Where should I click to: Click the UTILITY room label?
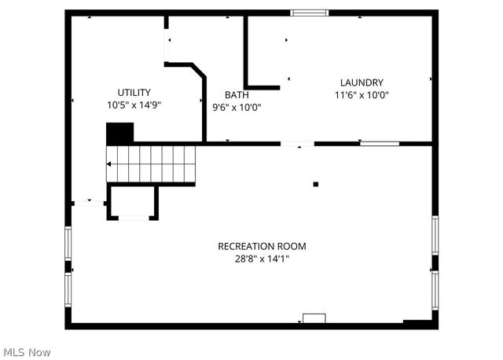[x=134, y=92]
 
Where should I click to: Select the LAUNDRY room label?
[x=362, y=83]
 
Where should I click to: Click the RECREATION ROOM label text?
[x=262, y=246]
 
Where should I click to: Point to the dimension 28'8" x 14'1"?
[x=262, y=259]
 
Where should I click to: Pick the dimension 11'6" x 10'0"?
[x=362, y=95]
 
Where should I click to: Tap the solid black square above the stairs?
[x=119, y=133]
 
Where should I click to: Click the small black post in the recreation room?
[x=316, y=185]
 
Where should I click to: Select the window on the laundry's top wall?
[x=310, y=13]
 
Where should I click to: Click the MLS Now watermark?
[x=27, y=351]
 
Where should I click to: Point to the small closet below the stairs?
[x=133, y=202]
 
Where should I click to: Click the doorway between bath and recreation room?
[x=298, y=144]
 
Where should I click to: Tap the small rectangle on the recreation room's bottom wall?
[x=314, y=318]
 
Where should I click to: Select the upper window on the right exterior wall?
[x=435, y=235]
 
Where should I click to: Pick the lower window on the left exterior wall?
[x=68, y=289]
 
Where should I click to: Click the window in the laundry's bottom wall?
[x=380, y=144]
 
